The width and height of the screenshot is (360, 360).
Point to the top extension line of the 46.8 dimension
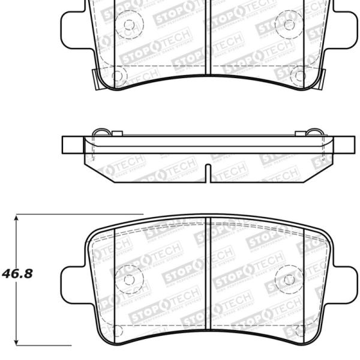(78, 214)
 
